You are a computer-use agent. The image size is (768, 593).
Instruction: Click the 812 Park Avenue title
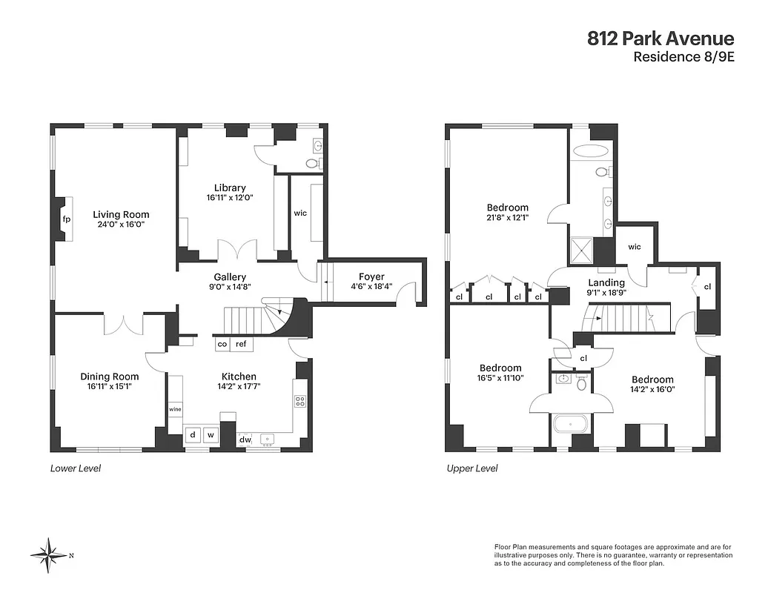[x=661, y=39]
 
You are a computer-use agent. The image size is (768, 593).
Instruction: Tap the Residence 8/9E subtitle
[x=683, y=58]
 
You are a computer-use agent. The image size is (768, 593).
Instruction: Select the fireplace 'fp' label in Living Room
[x=66, y=219]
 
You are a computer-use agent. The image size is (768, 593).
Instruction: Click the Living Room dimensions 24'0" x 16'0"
[x=121, y=225]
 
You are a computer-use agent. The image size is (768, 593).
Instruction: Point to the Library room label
[x=230, y=188]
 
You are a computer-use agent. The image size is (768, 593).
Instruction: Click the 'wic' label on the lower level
[x=300, y=213]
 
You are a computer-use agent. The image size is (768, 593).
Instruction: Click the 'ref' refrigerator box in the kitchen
[x=242, y=344]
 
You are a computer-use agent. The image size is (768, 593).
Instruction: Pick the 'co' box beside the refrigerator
[x=222, y=344]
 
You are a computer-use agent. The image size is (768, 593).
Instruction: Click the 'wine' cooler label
[x=175, y=408]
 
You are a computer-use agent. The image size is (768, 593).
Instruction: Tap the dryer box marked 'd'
[x=193, y=435]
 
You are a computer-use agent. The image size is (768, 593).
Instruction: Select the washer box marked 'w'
[x=211, y=435]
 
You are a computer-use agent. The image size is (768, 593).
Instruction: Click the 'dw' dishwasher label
[x=245, y=440]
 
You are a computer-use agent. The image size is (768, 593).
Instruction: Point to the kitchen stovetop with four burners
[x=300, y=401]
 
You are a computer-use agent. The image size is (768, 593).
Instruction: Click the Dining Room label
[x=110, y=377]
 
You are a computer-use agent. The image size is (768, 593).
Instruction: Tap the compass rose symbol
[x=49, y=555]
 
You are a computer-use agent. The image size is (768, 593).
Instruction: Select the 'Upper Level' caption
[x=472, y=468]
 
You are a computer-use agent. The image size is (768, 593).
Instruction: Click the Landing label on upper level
[x=606, y=282]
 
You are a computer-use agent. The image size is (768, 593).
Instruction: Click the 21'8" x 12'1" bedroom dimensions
[x=508, y=218]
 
